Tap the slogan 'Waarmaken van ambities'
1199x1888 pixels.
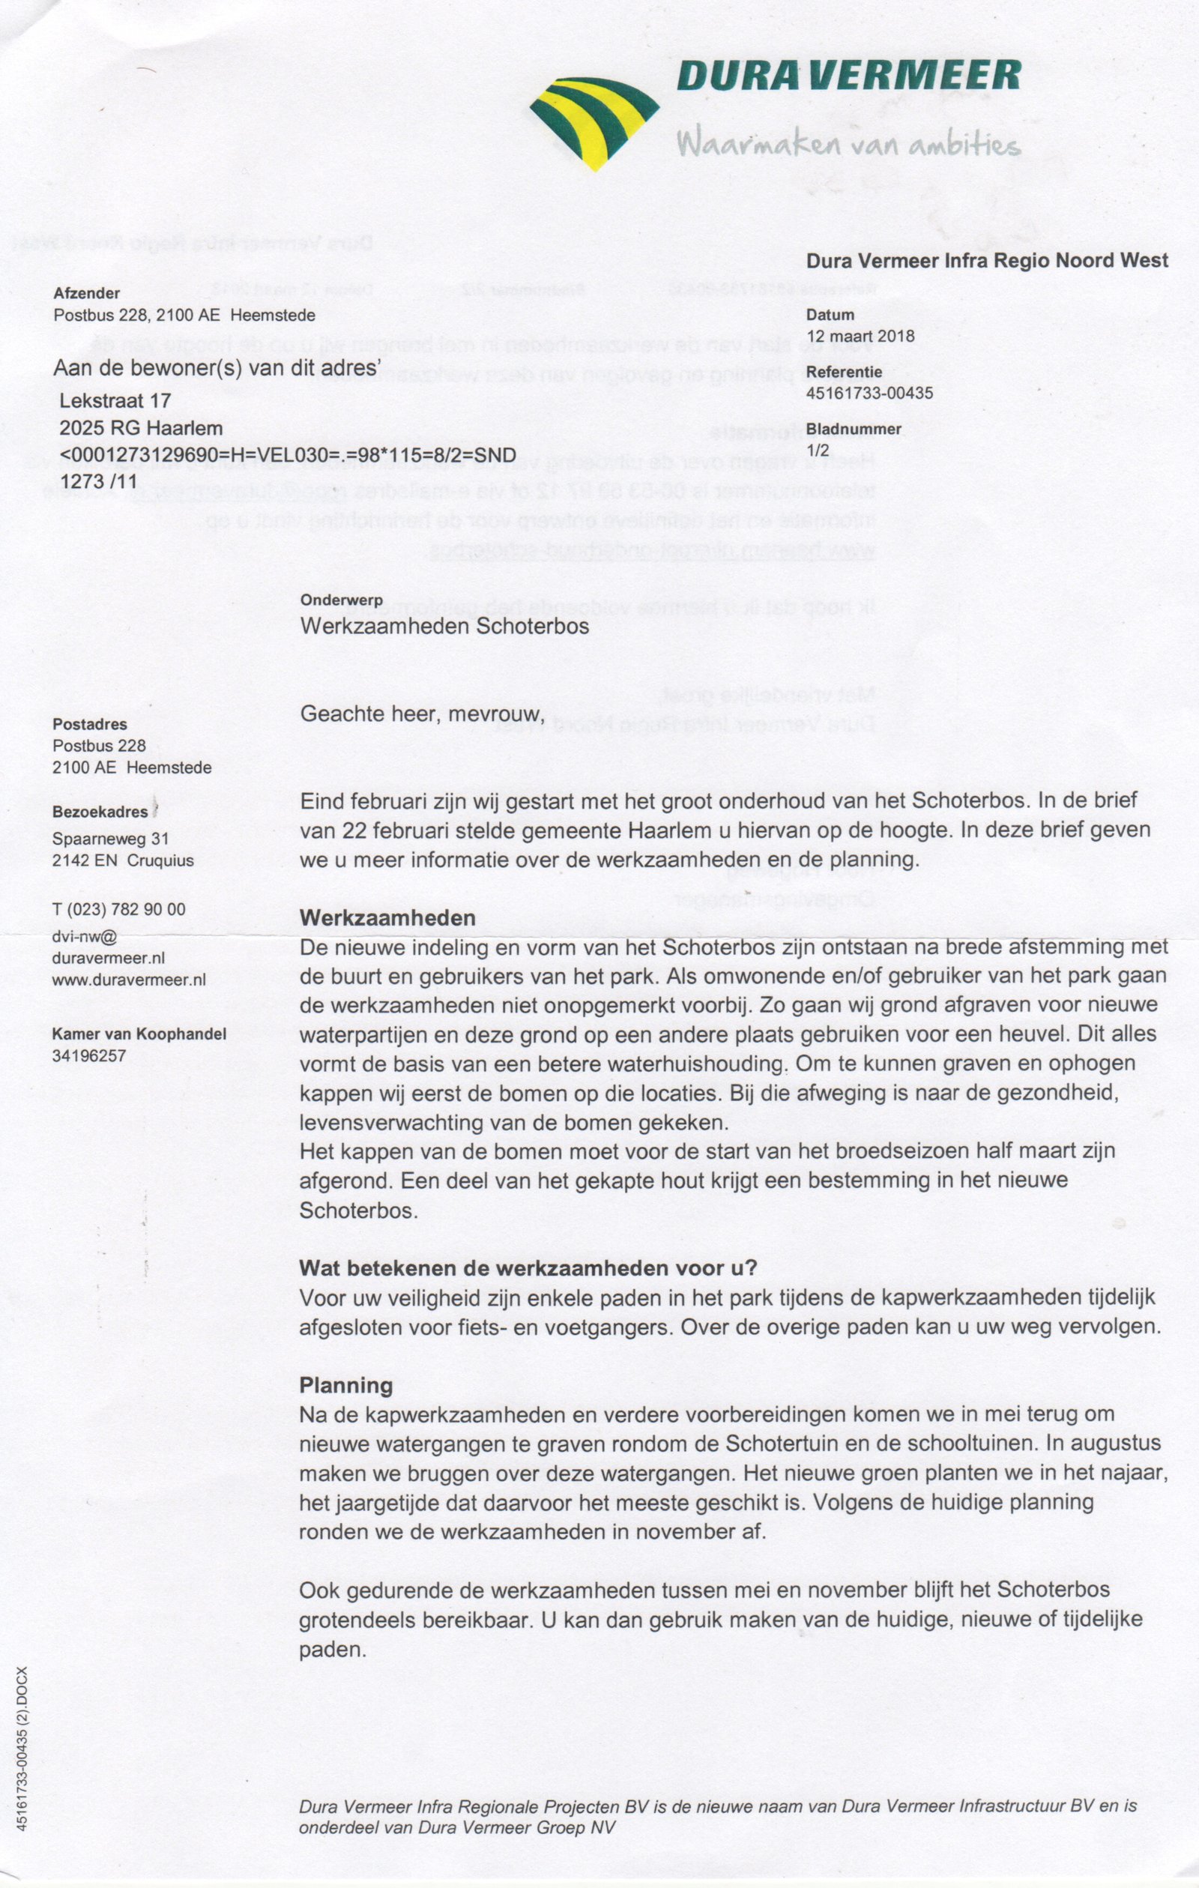click(848, 144)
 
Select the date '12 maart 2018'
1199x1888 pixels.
click(860, 337)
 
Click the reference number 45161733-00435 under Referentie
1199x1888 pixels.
click(869, 393)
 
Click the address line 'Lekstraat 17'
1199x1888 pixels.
click(115, 401)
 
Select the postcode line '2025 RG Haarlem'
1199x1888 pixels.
click(141, 429)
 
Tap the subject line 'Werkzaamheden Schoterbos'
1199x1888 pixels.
click(444, 627)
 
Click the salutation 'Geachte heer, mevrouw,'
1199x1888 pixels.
click(422, 714)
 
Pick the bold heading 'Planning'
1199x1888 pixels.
click(345, 1385)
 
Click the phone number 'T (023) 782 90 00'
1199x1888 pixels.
click(119, 908)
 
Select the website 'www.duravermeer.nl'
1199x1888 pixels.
click(129, 980)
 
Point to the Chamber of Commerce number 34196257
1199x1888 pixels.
click(89, 1055)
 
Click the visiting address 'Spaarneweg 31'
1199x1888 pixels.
click(111, 838)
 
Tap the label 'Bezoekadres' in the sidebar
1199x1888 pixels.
click(100, 812)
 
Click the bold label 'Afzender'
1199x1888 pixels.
click(87, 293)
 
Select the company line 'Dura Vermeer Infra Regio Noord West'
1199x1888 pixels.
click(987, 260)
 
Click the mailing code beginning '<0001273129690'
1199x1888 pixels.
click(288, 455)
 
